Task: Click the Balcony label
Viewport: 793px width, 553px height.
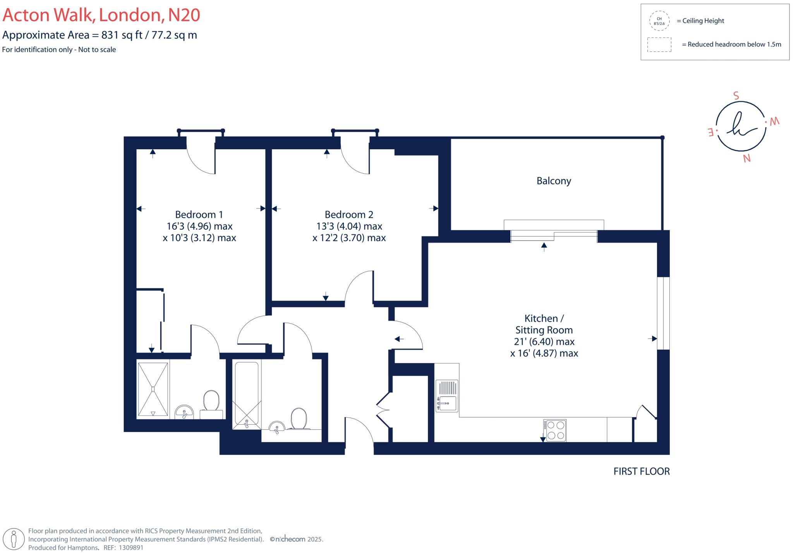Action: click(x=554, y=181)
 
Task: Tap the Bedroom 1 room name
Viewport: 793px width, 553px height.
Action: click(x=199, y=214)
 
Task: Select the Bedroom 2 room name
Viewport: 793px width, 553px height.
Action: click(x=349, y=214)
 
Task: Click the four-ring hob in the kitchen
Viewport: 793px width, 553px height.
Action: click(x=555, y=430)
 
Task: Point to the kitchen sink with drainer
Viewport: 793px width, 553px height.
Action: click(x=447, y=396)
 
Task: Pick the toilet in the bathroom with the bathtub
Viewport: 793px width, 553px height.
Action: click(x=299, y=419)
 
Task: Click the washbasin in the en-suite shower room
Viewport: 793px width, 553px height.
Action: click(x=184, y=412)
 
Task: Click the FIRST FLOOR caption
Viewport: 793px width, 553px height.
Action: click(x=642, y=471)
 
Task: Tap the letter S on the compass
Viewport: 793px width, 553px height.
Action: click(x=736, y=96)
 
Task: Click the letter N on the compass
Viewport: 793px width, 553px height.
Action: click(x=747, y=158)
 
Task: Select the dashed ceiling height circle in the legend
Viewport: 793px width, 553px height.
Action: click(x=659, y=21)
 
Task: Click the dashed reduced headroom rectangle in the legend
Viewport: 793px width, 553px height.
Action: click(x=659, y=44)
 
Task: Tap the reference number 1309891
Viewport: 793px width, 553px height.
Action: click(x=131, y=548)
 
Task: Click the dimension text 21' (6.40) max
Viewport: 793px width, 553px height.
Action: click(x=544, y=341)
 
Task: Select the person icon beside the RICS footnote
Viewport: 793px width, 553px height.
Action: click(x=14, y=539)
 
